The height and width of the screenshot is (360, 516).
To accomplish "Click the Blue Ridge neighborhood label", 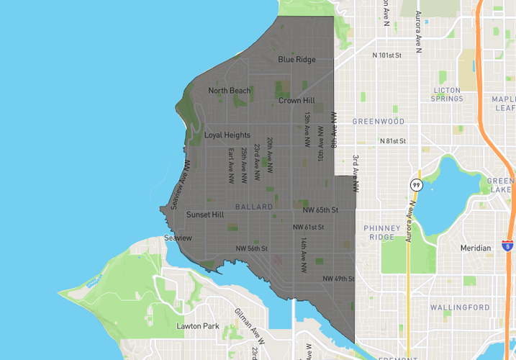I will [297, 60].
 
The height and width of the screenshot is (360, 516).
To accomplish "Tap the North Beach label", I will [230, 91].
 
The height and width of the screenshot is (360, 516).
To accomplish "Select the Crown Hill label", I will [297, 101].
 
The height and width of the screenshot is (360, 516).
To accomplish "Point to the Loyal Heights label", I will [227, 135].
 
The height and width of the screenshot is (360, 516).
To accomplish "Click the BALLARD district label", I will [254, 207].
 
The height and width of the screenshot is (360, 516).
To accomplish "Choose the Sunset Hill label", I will [205, 215].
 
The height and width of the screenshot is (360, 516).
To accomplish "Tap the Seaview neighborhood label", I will [178, 238].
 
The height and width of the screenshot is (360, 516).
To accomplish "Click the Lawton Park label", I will [198, 326].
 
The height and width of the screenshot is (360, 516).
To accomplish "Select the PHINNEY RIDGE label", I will [381, 233].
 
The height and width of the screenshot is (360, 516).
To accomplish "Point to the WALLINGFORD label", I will [460, 307].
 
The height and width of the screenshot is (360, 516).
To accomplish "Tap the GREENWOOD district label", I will [379, 122].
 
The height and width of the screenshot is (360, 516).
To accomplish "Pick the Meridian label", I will [476, 248].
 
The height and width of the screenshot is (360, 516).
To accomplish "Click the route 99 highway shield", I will [416, 185].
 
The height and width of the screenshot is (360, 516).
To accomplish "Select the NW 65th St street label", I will [320, 210].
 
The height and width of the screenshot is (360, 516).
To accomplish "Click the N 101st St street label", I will [386, 55].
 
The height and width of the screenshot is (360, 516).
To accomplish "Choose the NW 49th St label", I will [338, 279].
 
